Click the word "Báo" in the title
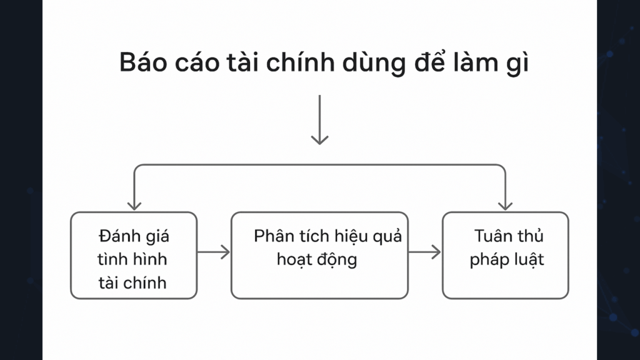click(143, 62)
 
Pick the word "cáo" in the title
click(197, 62)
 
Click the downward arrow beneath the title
click(319, 119)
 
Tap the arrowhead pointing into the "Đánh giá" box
click(134, 205)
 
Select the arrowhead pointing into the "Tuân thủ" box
click(505, 205)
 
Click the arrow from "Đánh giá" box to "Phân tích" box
click(214, 252)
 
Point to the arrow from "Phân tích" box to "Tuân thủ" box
click(424, 252)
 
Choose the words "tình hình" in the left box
click(132, 259)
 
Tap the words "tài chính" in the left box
click(132, 282)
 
